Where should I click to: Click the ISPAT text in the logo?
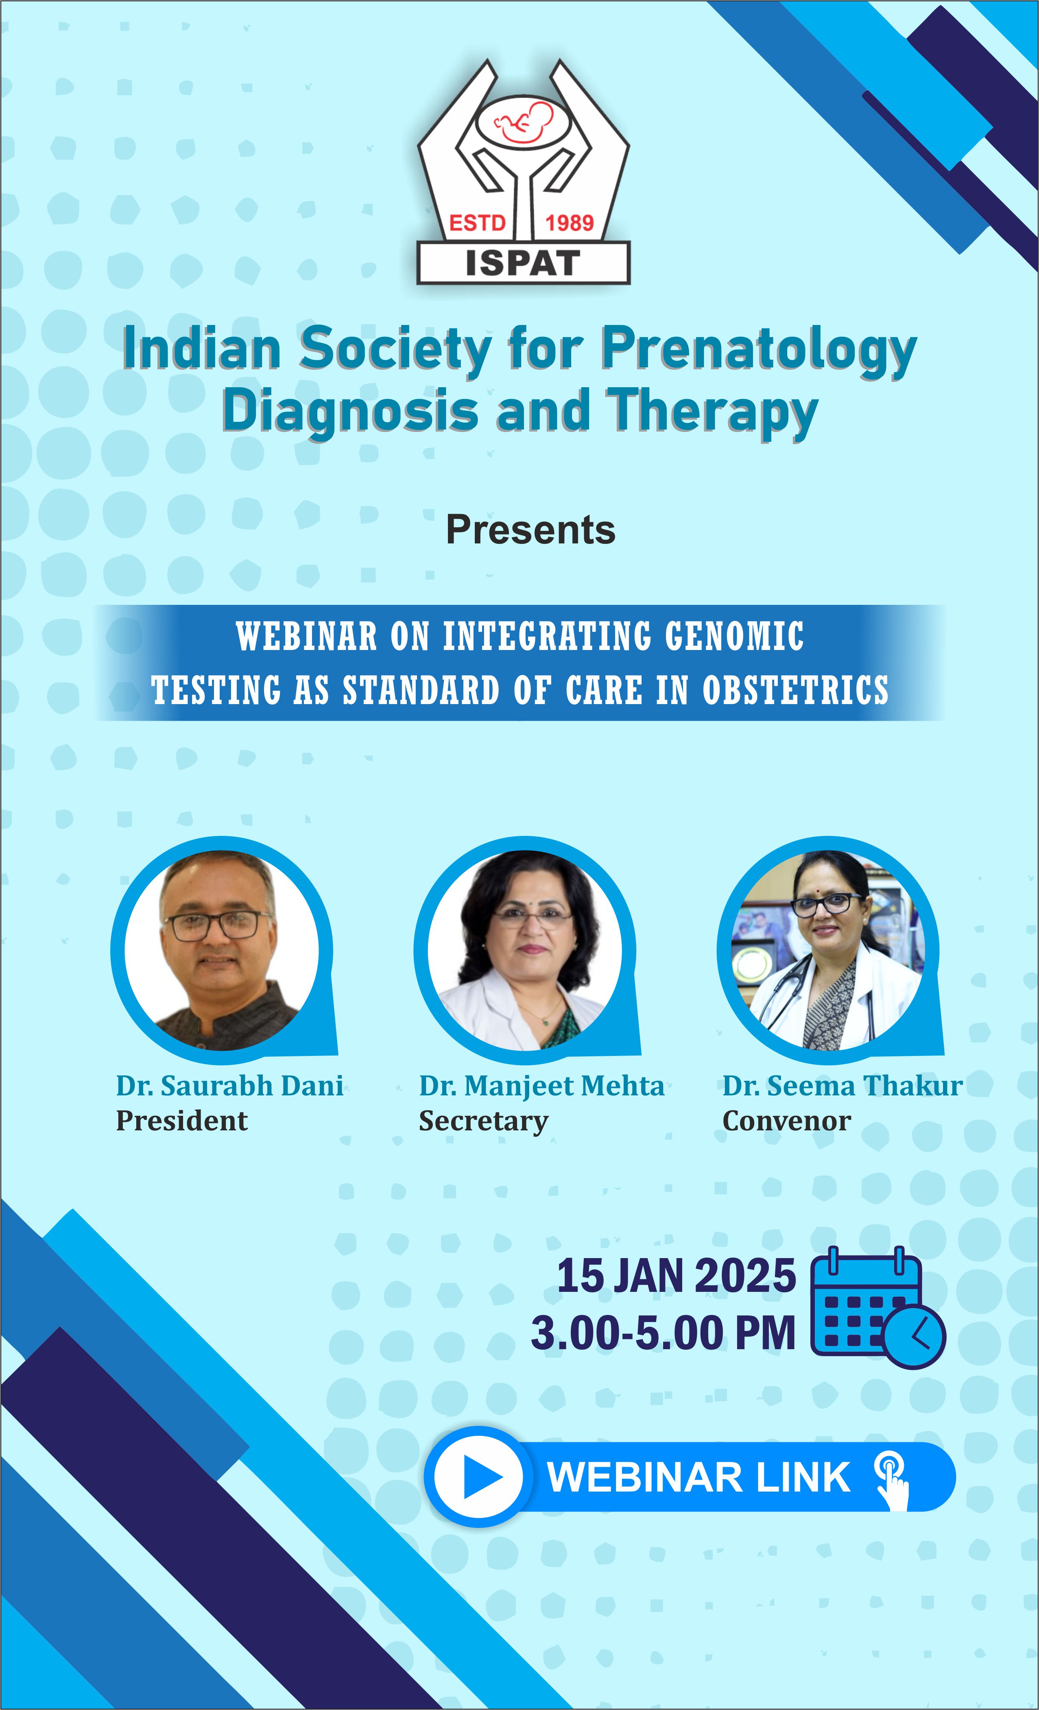(x=523, y=263)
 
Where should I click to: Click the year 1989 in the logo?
(x=569, y=223)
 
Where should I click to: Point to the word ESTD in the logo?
(x=478, y=223)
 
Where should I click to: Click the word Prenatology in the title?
(x=759, y=349)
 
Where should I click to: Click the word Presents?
(x=530, y=530)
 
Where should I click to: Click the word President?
(x=181, y=1121)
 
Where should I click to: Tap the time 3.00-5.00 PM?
(x=663, y=1333)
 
